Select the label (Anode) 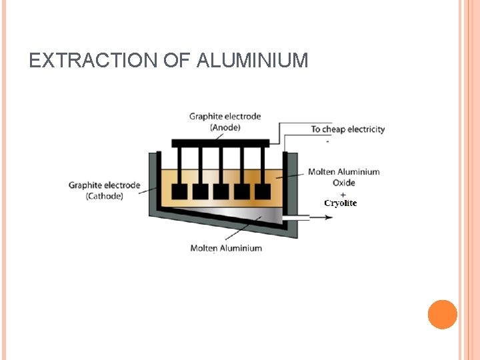click(x=225, y=127)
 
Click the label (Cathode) click(x=105, y=196)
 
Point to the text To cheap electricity click(x=348, y=129)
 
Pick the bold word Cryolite click(x=341, y=203)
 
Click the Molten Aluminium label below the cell click(x=226, y=248)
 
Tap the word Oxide click(x=344, y=183)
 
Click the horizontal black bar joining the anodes click(x=221, y=143)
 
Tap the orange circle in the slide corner click(x=443, y=315)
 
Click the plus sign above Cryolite click(x=343, y=194)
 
